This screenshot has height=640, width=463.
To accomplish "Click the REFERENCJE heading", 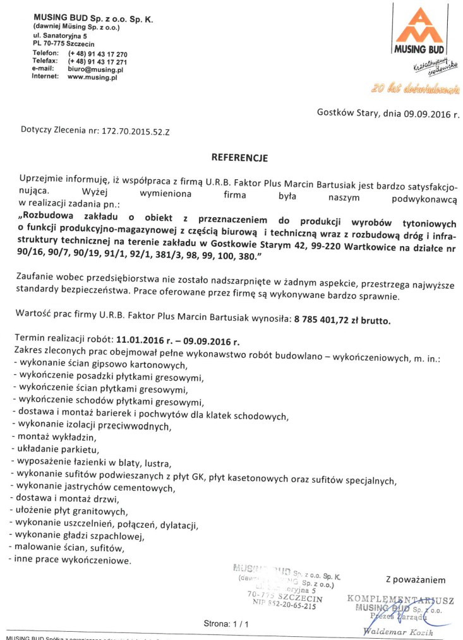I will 239,158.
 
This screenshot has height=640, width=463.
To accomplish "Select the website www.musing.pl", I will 92,77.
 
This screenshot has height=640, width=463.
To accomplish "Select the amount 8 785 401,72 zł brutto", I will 342,320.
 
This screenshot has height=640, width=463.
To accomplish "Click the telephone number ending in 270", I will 98,55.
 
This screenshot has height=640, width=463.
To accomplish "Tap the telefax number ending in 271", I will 98,62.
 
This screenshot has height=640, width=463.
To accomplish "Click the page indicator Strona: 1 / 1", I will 226,624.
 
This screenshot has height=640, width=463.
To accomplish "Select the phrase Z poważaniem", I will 415,579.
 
